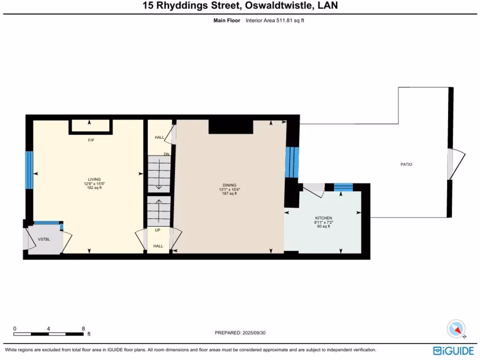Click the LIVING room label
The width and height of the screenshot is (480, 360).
click(94, 179)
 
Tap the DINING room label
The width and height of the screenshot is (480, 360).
click(229, 185)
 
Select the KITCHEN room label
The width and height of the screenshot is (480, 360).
click(323, 218)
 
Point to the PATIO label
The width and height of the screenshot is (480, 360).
click(406, 165)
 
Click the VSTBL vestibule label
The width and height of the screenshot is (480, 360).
click(44, 239)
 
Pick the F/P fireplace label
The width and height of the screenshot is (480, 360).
click(91, 140)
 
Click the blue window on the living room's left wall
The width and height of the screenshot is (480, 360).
click(29, 170)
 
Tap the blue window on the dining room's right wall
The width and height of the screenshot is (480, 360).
click(292, 162)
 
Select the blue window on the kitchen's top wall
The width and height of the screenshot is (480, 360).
click(343, 187)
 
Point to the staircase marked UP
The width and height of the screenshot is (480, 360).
click(158, 211)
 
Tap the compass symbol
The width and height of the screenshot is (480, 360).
click(456, 329)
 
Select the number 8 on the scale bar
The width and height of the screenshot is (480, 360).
click(83, 329)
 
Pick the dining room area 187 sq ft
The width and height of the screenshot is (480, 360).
click(229, 193)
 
